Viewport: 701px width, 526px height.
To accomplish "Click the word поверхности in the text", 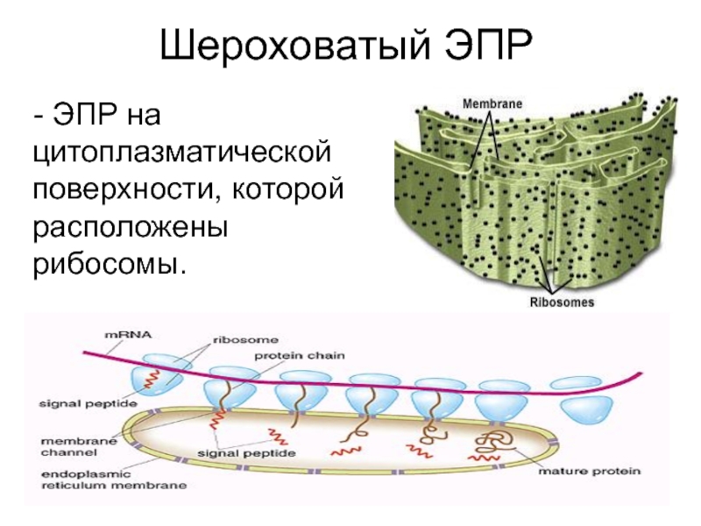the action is click(x=115, y=188).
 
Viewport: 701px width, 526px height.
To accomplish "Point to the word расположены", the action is click(x=130, y=225).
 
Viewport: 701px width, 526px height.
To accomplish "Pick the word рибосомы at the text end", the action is click(x=110, y=262).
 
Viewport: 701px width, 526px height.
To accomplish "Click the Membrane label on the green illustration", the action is click(x=492, y=103).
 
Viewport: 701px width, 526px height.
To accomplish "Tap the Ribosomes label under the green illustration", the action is click(x=562, y=302).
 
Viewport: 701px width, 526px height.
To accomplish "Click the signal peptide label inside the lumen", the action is click(x=245, y=453).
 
